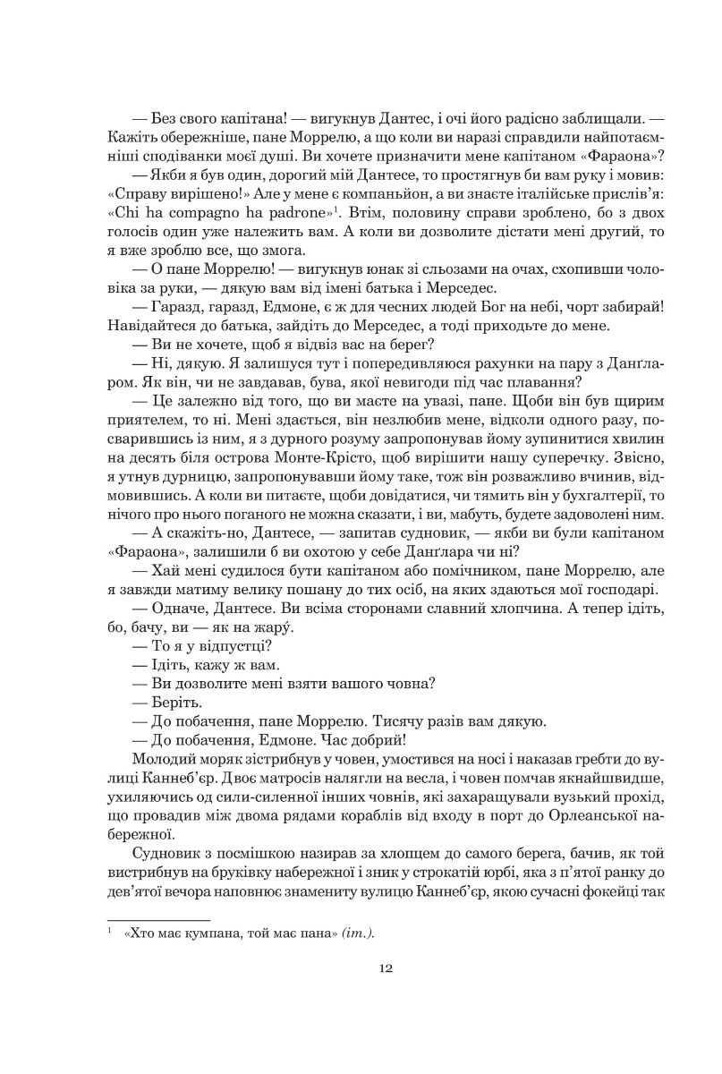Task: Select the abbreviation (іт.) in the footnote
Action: click(x=358, y=933)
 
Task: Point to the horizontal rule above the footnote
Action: click(x=157, y=919)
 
